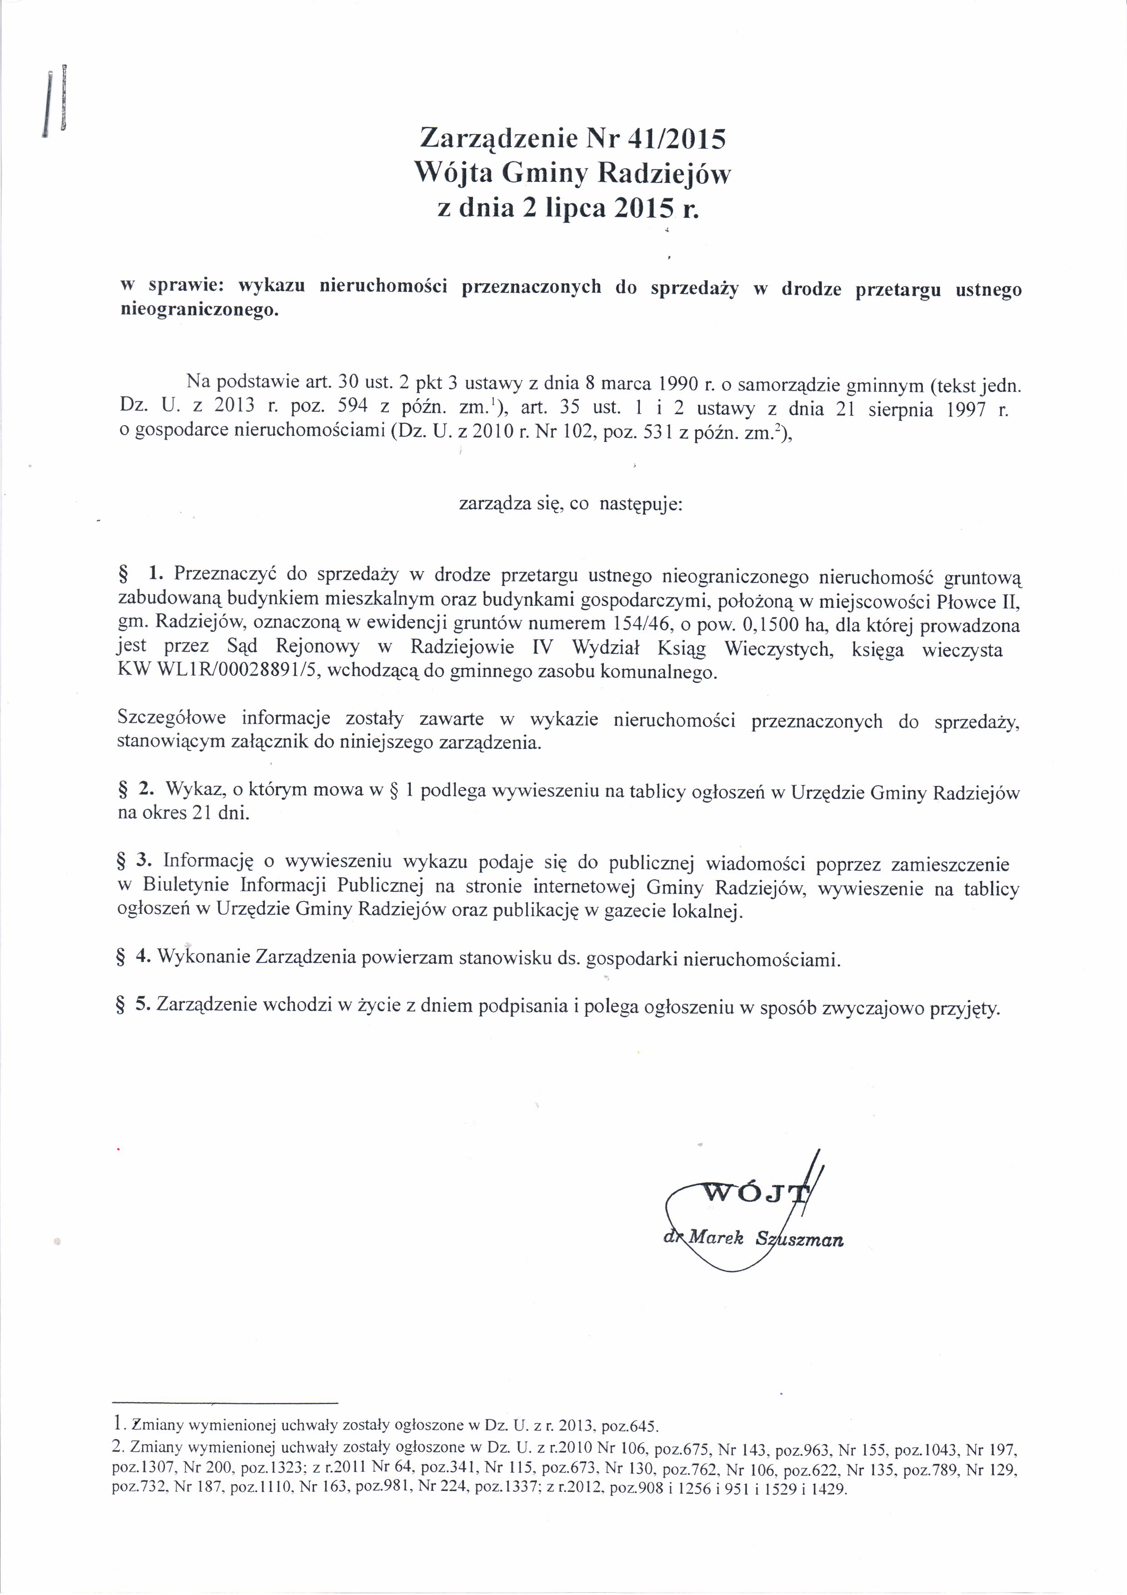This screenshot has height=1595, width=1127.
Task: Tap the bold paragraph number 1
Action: pyautogui.click(x=155, y=574)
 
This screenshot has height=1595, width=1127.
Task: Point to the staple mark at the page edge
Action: pyautogui.click(x=63, y=97)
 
